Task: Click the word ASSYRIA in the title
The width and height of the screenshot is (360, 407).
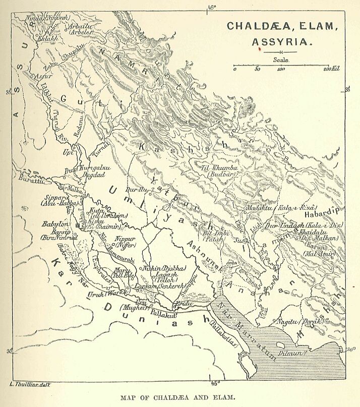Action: [282, 41]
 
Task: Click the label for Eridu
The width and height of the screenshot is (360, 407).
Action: [183, 304]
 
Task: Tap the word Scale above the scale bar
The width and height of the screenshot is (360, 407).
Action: [281, 59]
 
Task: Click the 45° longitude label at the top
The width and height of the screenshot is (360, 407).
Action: [212, 6]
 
